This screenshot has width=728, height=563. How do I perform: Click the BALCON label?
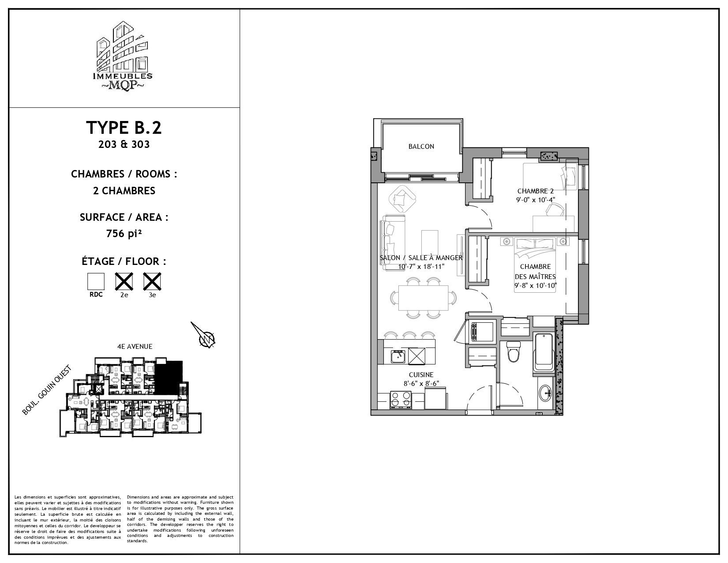coord(421,147)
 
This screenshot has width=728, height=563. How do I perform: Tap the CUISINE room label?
coord(421,375)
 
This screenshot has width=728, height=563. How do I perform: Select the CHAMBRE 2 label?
coord(535,191)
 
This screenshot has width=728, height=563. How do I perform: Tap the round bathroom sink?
coord(545,392)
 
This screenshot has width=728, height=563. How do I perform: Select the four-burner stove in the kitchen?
coord(401,399)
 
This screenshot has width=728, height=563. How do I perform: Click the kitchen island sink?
coord(398,356)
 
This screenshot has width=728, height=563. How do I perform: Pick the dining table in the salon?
coord(424,298)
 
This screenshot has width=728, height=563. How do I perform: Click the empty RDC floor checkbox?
coord(96,281)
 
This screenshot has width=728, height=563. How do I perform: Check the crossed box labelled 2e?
coord(124,281)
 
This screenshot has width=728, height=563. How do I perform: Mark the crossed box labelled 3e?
coord(152,281)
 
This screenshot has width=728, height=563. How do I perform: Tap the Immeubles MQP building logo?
coord(123,56)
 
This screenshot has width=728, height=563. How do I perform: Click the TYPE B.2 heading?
coord(124,128)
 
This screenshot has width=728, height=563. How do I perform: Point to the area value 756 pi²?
coord(124,234)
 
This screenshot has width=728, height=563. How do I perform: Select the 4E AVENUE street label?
coord(135,346)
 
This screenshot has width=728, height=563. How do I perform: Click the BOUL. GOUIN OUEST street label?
coord(47,390)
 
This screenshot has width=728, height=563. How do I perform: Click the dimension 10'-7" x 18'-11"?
coord(421,267)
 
